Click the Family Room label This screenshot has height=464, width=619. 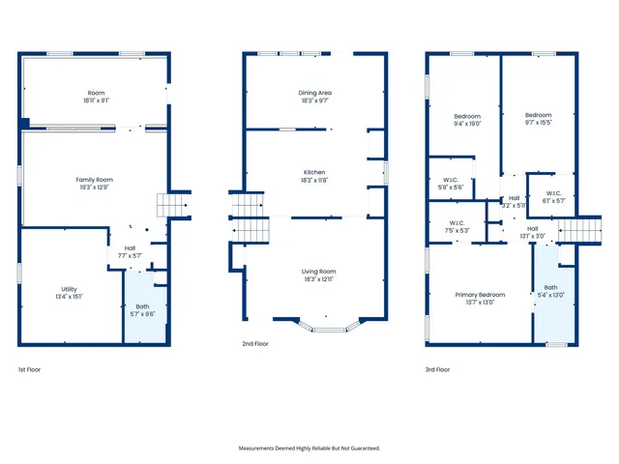coord(96,184)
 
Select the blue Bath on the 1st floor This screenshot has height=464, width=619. coord(142,309)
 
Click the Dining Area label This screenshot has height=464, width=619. coord(314,96)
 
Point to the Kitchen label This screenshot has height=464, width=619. coord(314,176)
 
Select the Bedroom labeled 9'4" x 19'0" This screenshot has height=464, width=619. coord(467,120)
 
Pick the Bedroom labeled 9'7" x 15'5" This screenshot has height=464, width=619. coord(539,119)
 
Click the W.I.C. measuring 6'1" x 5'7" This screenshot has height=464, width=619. coord(553,197)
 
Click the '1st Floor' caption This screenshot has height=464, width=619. coord(30,369)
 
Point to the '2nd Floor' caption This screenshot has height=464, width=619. coord(254,343)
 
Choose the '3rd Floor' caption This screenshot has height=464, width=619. coord(437,369)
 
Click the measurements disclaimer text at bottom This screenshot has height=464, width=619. coord(309,448)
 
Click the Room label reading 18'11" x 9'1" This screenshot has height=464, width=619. coord(96,97)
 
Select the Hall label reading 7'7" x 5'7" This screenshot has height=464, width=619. coord(130,251)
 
